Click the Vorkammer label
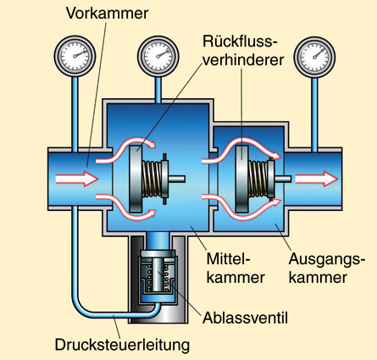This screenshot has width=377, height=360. pos(107,13)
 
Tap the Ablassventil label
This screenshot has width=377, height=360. pos(245,318)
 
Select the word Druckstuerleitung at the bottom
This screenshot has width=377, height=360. pos(122,345)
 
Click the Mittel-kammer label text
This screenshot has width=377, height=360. pos(236,268)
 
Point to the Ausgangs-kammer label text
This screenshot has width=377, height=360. pos(324,268)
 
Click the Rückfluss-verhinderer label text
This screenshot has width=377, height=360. pos(243,51)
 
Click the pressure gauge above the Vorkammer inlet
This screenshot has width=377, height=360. pos(75,56)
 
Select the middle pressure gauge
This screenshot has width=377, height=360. pos(158,56)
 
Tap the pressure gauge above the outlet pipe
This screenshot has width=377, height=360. pos(314,56)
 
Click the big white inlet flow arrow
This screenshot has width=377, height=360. pos(77,179)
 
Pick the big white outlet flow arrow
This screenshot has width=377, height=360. pos(317,179)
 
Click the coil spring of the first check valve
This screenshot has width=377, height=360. pos(152,179)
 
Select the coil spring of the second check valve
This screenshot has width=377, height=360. pos(258,179)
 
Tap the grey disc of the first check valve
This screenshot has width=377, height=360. pos(136,179)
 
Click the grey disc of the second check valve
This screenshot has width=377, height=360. pos(242,179)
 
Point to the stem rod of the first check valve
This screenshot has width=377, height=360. pos(176,179)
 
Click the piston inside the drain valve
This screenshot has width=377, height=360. pos(158,274)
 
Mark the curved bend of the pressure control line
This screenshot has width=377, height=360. pos(82,307)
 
